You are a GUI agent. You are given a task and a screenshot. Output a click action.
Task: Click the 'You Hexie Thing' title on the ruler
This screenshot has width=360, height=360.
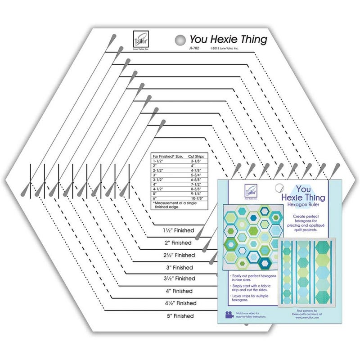point(228,39)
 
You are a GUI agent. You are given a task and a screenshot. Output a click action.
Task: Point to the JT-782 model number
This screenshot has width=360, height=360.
point(195,47)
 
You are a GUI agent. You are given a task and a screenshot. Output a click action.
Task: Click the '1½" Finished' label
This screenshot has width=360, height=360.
point(178,230)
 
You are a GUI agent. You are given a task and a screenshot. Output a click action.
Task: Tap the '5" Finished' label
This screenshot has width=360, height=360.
point(178,316)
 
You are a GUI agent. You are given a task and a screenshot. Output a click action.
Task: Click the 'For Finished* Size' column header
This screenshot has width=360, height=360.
point(167,155)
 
